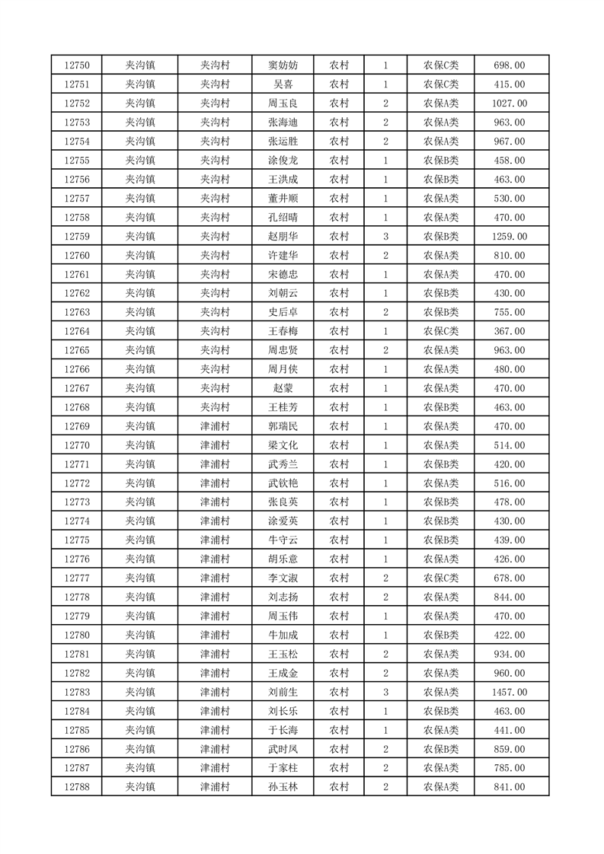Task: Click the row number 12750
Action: (x=77, y=65)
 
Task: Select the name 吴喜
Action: (x=283, y=84)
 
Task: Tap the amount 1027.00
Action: (x=510, y=104)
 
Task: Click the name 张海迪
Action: (x=283, y=123)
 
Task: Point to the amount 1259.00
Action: (x=510, y=237)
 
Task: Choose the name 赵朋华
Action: (x=283, y=237)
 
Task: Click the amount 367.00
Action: (x=510, y=332)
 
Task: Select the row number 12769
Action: (x=77, y=426)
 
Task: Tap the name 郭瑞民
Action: (x=283, y=426)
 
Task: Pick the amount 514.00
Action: (x=510, y=445)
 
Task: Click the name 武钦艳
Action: (x=283, y=483)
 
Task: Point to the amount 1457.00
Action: (x=510, y=692)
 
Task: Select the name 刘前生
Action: (x=283, y=692)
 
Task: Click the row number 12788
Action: (x=77, y=787)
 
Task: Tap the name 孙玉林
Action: (x=283, y=787)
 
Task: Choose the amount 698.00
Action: (x=510, y=65)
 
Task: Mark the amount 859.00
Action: (x=510, y=749)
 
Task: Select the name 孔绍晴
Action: (x=283, y=218)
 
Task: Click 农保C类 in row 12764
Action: (x=441, y=332)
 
